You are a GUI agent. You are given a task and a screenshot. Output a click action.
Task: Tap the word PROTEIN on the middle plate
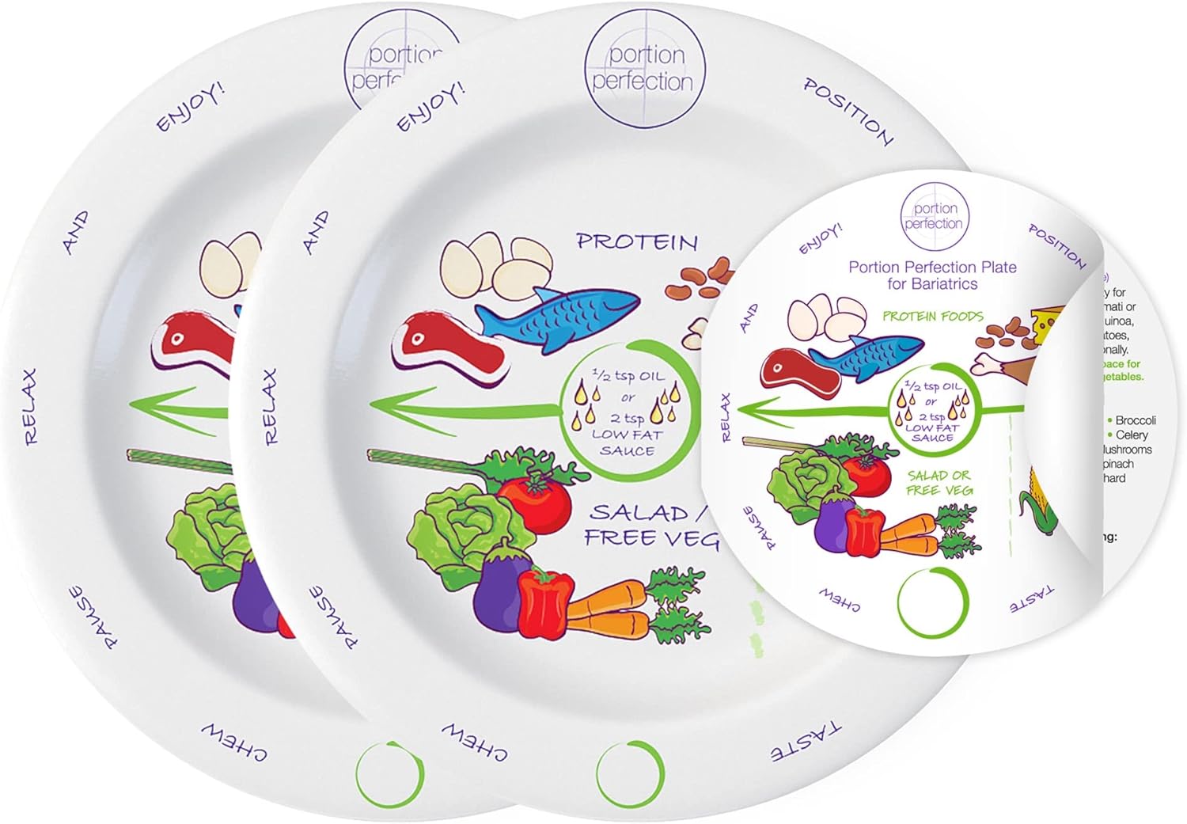click(x=636, y=241)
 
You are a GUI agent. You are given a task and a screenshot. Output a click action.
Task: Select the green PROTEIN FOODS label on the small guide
click(x=932, y=316)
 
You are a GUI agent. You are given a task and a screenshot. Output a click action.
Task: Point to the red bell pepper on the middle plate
click(x=545, y=596)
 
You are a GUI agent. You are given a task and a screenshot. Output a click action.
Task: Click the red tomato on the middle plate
click(x=533, y=499)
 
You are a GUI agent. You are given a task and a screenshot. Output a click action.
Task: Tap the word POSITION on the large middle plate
click(x=848, y=112)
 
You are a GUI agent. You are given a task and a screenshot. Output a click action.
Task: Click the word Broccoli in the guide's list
click(x=1136, y=420)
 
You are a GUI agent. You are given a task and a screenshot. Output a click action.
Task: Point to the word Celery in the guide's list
click(x=1132, y=435)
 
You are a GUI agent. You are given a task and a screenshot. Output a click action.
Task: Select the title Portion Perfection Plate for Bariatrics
click(x=932, y=275)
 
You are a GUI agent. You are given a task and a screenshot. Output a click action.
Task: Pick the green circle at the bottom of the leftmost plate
click(x=389, y=773)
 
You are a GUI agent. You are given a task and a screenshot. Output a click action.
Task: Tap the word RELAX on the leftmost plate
click(x=30, y=405)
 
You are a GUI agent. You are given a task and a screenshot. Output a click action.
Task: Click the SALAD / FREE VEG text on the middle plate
click(x=651, y=526)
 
